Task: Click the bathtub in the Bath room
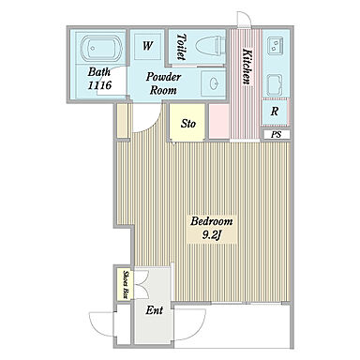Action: pos(101,48)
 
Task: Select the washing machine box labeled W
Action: pos(148,46)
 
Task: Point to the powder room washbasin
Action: pos(213,83)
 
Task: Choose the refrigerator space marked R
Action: pos(275,112)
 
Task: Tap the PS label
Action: pos(276,135)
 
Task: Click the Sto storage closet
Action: pos(187,122)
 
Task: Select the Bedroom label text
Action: pos(212,221)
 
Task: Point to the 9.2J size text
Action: pos(212,235)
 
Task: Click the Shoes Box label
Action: pos(126,284)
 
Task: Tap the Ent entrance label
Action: pos(155,310)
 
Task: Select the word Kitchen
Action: pos(247,67)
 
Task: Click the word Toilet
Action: pos(181,47)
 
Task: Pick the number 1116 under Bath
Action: pos(99,85)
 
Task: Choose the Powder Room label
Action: pos(163,83)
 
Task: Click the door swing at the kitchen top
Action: pos(244,19)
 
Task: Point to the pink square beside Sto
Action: pos(219,122)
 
